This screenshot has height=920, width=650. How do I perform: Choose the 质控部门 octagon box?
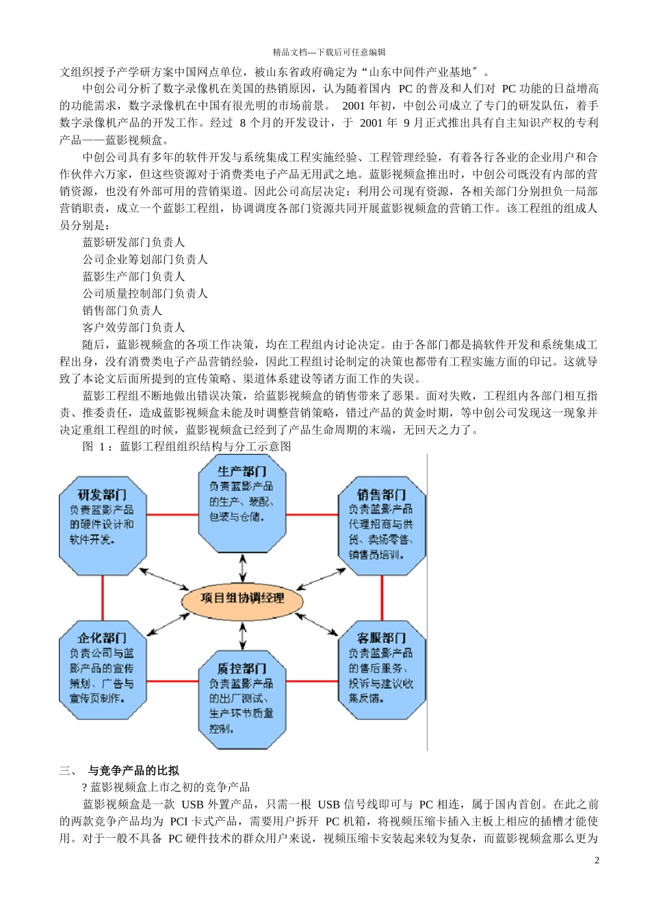pos(242,699)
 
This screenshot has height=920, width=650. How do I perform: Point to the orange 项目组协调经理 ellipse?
pos(242,598)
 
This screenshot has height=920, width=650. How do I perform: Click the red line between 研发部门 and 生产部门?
pos(172,515)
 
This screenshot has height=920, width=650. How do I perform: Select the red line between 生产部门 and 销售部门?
pos(312,515)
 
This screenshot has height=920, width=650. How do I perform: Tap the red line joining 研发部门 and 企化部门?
pos(103,598)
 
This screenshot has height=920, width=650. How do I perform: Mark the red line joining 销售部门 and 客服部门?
pos(382,598)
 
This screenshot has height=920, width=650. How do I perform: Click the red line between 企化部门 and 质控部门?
pos(172,681)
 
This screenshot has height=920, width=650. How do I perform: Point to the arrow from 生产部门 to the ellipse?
pos(242,567)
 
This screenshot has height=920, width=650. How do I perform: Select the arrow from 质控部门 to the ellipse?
pos(242,635)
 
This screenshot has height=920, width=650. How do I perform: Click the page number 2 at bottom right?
pos(597,860)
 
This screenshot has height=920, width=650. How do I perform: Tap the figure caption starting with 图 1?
pos(187,446)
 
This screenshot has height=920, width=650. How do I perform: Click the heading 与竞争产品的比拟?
pos(133,770)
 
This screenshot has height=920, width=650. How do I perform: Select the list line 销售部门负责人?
pos(122,310)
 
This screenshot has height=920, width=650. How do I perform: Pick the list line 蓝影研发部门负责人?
pos(134,242)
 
